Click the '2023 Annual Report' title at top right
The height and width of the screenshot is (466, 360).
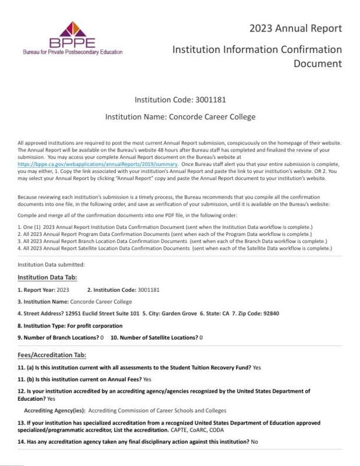click(295, 28)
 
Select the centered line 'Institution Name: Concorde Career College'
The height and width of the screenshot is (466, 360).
click(180, 116)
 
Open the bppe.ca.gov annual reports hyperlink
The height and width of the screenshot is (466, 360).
click(97, 165)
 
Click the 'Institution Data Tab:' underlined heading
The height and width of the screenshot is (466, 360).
click(47, 277)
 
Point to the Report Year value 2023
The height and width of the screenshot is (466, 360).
click(63, 290)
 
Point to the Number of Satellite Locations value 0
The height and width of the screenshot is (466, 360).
click(201, 337)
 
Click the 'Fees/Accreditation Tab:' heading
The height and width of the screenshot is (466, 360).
click(52, 355)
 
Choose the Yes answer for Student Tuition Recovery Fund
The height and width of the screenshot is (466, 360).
click(257, 367)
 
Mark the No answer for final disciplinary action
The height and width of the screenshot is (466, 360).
click(254, 442)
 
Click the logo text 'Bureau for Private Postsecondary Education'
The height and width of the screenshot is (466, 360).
click(72, 52)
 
